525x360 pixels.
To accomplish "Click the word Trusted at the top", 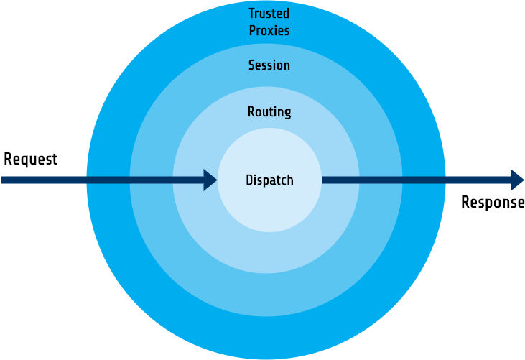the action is [269, 14].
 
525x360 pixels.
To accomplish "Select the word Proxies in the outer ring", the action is [269, 30].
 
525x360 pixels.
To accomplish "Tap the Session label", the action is [269, 65].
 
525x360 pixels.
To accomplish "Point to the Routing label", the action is [269, 112].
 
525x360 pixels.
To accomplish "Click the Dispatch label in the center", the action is [269, 180].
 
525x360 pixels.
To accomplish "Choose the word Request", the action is [30, 160].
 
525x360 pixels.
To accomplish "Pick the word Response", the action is [493, 203].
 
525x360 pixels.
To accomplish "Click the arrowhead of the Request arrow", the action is [210, 180].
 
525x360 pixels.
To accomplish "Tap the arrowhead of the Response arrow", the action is [517, 180].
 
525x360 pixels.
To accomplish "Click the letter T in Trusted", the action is [252, 14].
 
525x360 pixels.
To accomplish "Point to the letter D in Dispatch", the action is [249, 180].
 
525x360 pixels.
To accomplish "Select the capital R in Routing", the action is [251, 111].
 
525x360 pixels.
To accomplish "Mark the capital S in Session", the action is [252, 65].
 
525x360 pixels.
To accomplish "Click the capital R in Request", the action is [8, 159].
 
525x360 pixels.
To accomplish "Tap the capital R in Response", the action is [465, 202].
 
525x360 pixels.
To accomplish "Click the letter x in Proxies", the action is [271, 32].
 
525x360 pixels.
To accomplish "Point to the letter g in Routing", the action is [287, 114].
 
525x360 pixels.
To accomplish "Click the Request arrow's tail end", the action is [1, 180].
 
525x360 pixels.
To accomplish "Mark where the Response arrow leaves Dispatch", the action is [322, 180].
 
